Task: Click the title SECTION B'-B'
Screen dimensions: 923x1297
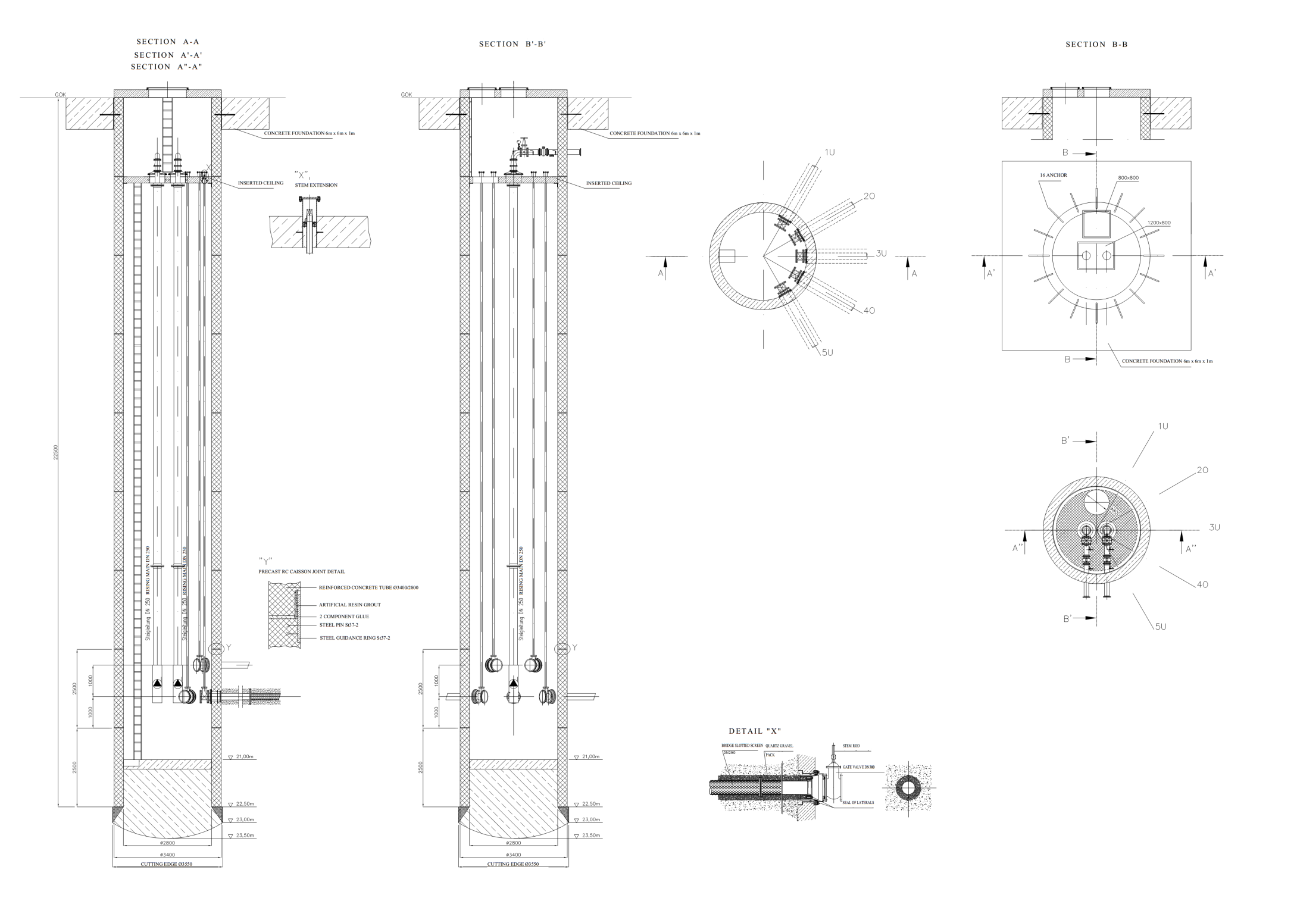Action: (x=512, y=44)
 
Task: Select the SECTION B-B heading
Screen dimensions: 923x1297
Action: (x=1096, y=45)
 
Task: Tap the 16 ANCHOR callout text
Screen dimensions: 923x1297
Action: (x=1053, y=175)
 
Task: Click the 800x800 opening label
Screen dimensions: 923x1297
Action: (x=1128, y=178)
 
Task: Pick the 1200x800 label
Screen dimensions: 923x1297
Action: (x=1158, y=223)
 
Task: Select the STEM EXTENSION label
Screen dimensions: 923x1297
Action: (x=316, y=185)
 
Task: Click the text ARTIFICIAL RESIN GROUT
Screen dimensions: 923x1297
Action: (x=349, y=605)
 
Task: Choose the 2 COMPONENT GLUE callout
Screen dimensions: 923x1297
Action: (x=344, y=617)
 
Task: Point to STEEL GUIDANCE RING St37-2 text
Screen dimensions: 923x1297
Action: (x=355, y=638)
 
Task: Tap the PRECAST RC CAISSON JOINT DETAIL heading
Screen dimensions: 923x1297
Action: (x=301, y=571)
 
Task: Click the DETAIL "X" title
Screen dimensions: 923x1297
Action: (x=755, y=731)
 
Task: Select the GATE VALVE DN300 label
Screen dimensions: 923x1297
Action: (x=858, y=767)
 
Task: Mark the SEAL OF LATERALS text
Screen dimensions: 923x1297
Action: (x=858, y=803)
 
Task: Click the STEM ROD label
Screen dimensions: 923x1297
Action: (x=851, y=745)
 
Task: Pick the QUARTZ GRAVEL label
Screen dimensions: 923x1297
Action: (x=779, y=746)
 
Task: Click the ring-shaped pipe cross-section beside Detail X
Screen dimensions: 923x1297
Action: (x=908, y=789)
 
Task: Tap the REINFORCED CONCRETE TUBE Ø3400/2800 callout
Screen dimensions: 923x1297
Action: (x=368, y=587)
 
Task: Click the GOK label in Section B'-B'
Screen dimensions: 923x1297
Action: (x=407, y=95)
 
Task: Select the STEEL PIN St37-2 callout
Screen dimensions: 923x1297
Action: (x=339, y=625)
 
